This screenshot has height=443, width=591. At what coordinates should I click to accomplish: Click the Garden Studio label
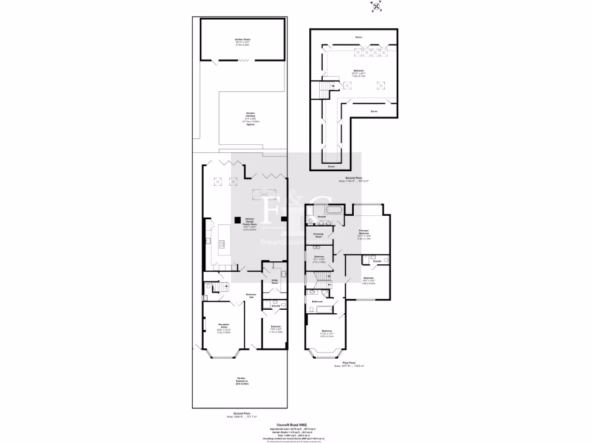click(x=242, y=41)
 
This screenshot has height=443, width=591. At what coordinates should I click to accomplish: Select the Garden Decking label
click(x=250, y=118)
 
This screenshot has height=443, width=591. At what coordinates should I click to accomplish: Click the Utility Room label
click(x=275, y=283)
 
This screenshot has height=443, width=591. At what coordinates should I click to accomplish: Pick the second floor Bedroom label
click(x=358, y=73)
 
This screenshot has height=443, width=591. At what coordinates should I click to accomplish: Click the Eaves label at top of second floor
click(x=358, y=37)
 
